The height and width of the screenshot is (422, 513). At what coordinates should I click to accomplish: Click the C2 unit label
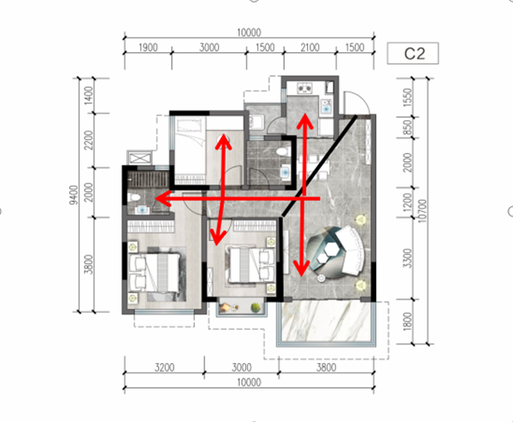point(414,54)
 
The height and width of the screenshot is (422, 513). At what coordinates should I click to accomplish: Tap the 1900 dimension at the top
point(148,47)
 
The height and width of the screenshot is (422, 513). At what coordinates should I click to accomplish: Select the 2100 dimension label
point(310,47)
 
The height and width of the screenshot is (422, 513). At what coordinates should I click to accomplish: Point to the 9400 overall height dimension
point(74,195)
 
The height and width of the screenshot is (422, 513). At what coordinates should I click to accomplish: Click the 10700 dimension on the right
point(422,211)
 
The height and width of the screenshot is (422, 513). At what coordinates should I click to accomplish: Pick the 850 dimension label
point(407,127)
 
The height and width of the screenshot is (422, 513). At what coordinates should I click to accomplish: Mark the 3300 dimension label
point(407,258)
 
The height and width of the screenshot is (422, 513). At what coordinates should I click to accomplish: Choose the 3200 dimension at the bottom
point(164,367)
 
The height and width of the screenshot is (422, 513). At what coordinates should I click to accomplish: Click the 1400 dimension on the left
point(89,96)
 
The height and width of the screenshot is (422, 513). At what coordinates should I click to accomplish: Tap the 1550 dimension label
point(407,97)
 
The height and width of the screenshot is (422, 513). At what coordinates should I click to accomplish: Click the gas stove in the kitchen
point(304,88)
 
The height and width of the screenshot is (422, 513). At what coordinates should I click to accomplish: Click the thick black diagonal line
point(319,166)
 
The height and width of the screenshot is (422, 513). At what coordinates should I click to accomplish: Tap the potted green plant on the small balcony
point(256,308)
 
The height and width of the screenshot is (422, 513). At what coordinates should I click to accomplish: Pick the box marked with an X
point(140,158)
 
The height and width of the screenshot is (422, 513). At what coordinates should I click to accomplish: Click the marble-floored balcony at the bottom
point(326,322)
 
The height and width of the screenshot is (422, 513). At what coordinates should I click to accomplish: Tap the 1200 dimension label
point(407,202)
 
